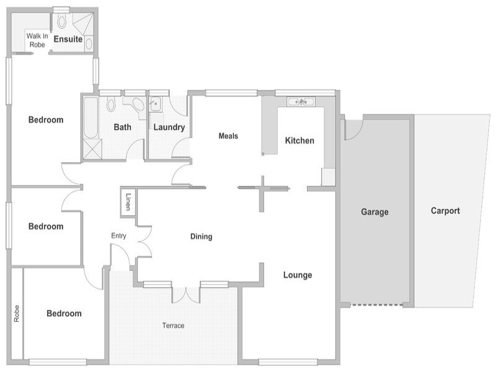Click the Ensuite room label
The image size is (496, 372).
click(68, 39)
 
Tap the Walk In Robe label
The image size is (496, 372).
click(37, 40)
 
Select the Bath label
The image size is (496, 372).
click(122, 127)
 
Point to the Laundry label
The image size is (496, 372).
click(169, 127)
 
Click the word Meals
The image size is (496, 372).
click(228, 136)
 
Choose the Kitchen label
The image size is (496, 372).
click(299, 141)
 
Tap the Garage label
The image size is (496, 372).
click(375, 212)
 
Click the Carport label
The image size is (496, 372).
click(445, 211)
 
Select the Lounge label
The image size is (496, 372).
click(298, 275)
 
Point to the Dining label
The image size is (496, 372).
click(201, 237)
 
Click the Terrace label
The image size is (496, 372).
click(173, 325)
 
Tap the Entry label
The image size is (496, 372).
click(118, 236)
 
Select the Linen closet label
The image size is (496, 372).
click(128, 202)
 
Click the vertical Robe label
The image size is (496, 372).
click(17, 314)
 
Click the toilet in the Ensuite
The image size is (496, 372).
click(61, 20)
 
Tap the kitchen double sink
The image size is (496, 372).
click(301, 102)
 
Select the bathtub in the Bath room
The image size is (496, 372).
click(91, 118)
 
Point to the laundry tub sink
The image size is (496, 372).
click(156, 104)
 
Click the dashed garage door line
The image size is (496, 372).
click(378, 305)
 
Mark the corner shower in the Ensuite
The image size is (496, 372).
click(83, 24)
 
